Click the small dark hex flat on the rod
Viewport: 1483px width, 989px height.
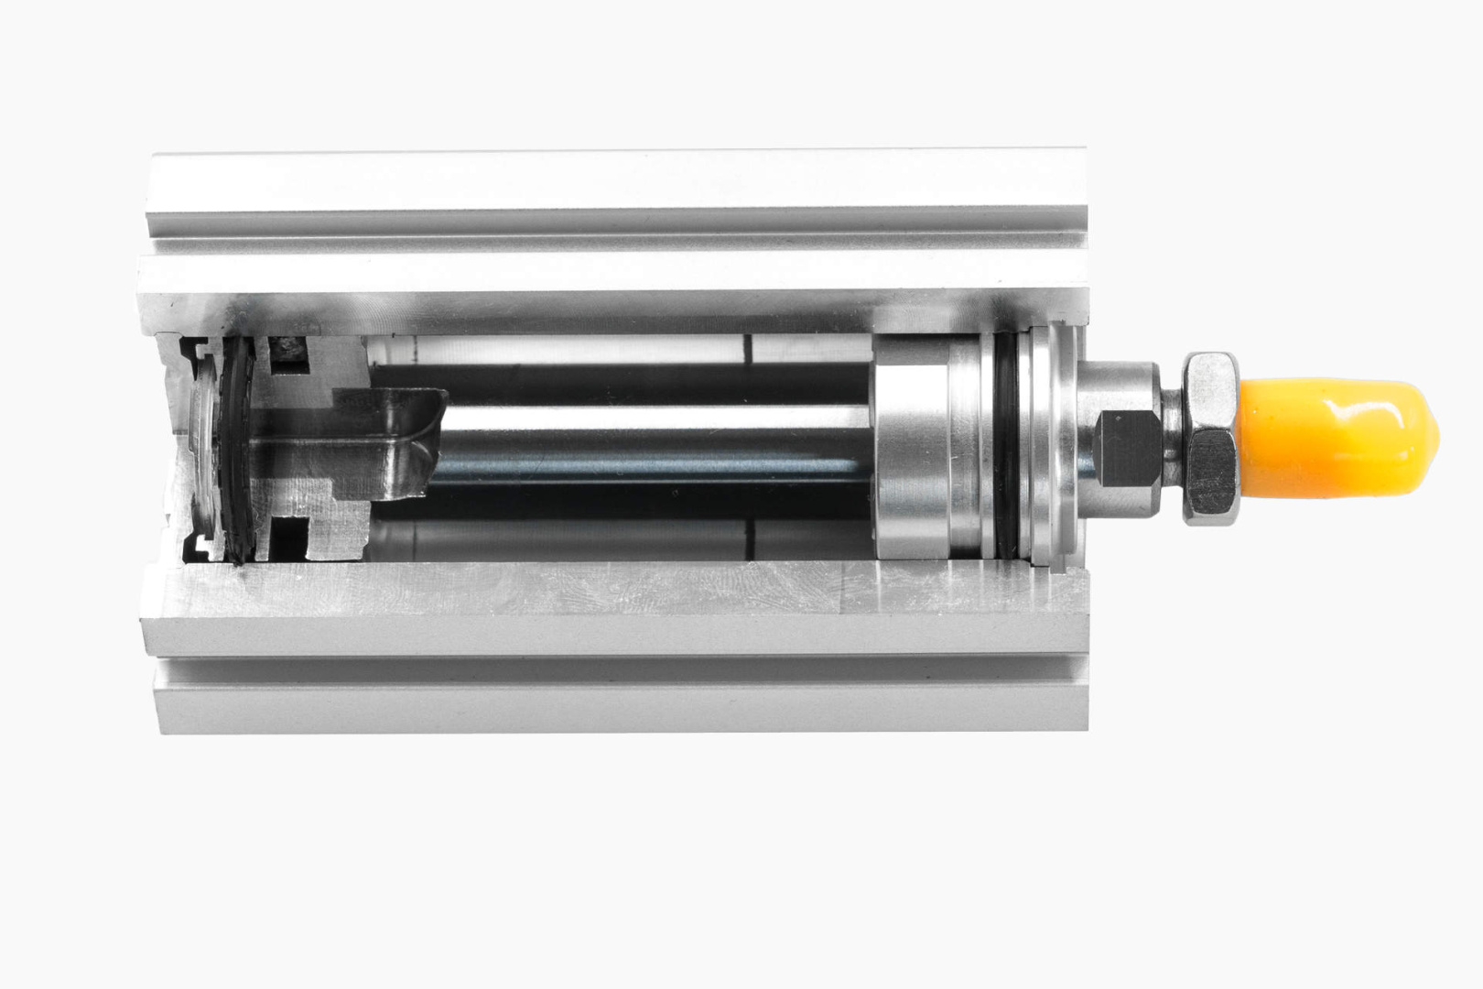click(1122, 448)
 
